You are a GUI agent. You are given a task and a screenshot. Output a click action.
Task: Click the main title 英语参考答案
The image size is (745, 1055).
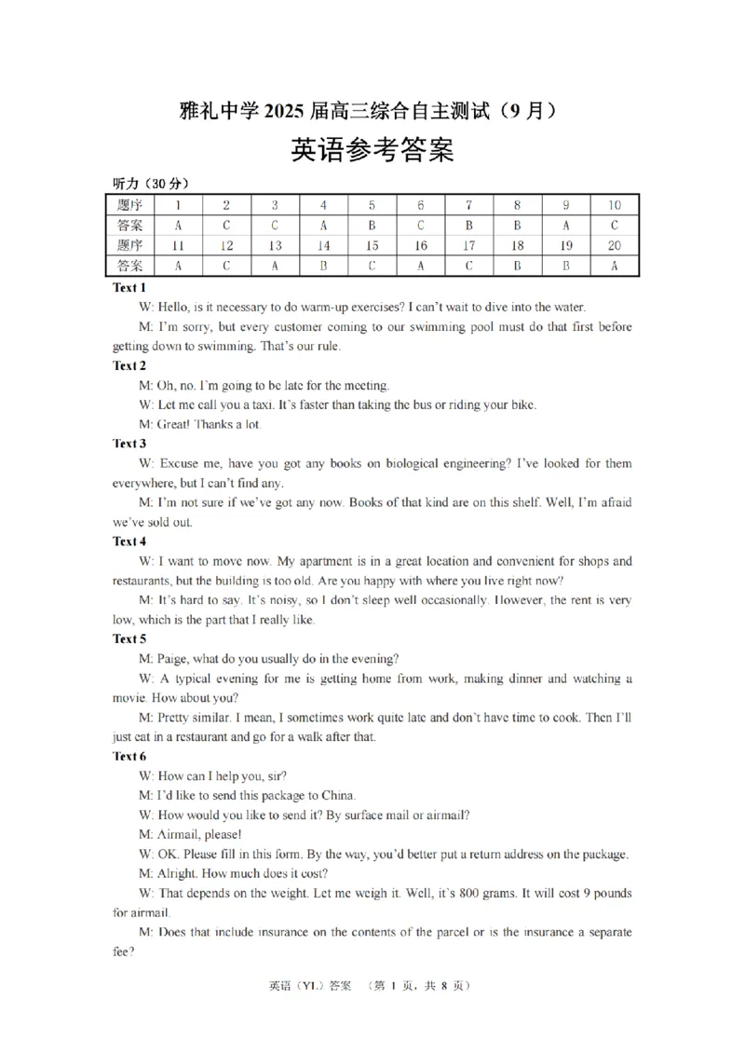372,151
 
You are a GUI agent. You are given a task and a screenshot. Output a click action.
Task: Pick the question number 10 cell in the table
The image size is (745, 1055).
614,205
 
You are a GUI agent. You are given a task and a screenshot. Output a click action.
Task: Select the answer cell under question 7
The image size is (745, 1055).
469,226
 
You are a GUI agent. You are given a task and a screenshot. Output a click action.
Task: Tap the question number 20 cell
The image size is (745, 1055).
614,246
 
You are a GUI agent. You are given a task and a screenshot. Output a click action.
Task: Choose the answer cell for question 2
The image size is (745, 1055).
225,226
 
